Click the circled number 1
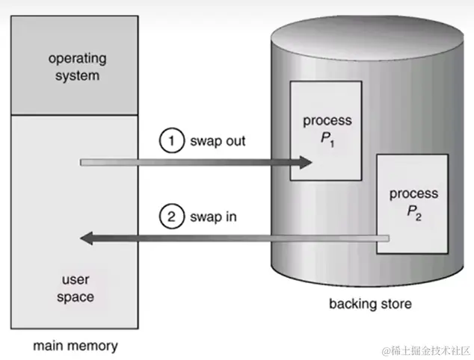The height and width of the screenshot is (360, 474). tap(171, 141)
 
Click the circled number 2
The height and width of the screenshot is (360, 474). tap(171, 217)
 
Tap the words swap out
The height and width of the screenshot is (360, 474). tap(217, 141)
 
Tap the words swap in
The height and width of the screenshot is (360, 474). tap(214, 217)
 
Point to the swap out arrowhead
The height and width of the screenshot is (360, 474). tap(305, 161)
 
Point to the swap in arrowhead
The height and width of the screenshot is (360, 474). tap(87, 238)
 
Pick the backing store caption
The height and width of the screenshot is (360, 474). tap(370, 304)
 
